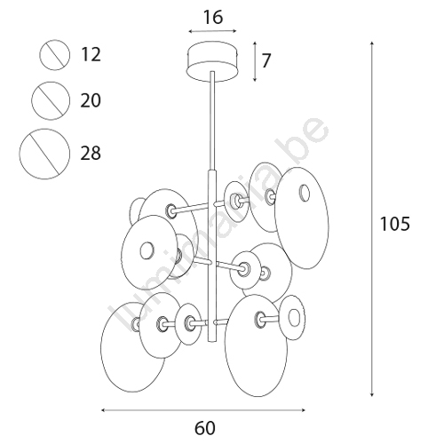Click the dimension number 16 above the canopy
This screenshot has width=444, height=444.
pos(213,18)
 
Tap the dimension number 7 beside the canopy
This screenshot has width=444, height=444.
pos(266,60)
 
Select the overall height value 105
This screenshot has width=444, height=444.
pos(395,224)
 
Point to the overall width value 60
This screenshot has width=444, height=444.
pos(205,428)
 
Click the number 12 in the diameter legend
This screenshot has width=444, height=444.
pos(91,55)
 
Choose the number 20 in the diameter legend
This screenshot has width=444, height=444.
pos(91,100)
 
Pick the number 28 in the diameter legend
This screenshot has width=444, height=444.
pos(91,154)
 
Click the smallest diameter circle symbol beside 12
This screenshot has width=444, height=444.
pos(55,55)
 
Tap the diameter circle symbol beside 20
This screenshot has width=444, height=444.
pos(51,101)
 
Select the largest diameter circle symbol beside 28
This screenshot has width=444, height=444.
pos(44,154)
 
